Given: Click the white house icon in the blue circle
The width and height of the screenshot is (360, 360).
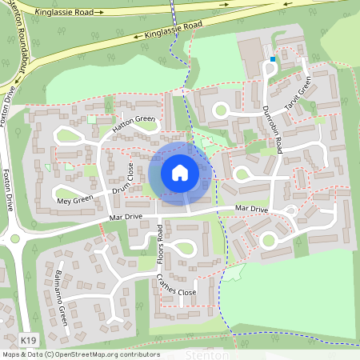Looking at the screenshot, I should [x=180, y=172].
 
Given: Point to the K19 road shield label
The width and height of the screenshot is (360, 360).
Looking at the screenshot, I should [x=29, y=341].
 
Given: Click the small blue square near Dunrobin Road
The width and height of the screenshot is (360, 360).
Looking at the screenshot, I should [x=273, y=58].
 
